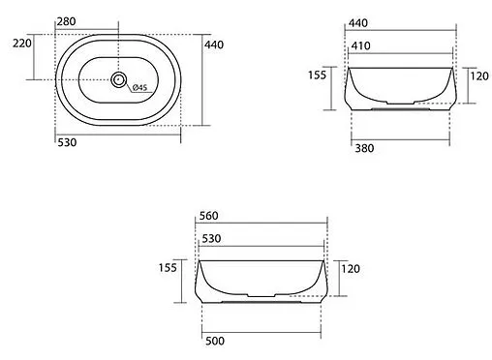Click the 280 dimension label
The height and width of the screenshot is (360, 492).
coord(66,21)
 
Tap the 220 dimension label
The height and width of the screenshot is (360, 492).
coord(22,43)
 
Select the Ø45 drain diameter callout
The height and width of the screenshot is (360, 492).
coord(139,87)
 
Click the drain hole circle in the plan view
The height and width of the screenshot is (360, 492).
coord(118,79)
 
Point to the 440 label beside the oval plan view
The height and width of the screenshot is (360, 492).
coord(214,45)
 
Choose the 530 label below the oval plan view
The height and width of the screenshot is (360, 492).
coord(67,142)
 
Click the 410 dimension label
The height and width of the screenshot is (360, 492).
coord(360,45)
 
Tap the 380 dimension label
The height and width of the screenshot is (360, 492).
coord(364,148)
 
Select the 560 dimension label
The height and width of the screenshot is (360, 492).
coord(208,216)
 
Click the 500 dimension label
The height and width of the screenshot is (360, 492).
coord(215,341)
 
